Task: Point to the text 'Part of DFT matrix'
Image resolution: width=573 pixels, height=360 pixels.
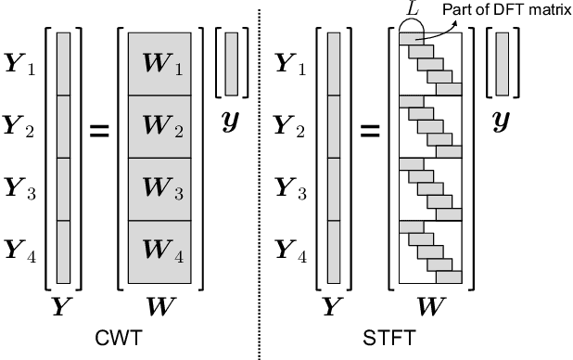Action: coord(508,10)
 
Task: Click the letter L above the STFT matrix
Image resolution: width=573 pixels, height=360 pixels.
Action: coord(411,10)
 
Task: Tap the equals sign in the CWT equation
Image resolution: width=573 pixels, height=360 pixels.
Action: coord(97,131)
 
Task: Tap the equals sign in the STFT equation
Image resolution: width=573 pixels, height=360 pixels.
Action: coord(371,131)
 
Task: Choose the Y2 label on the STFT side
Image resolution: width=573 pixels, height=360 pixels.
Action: coord(293,128)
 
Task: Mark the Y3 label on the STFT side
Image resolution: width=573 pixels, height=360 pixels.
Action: coord(293,190)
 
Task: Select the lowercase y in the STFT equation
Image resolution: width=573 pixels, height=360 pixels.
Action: coord(503,122)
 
